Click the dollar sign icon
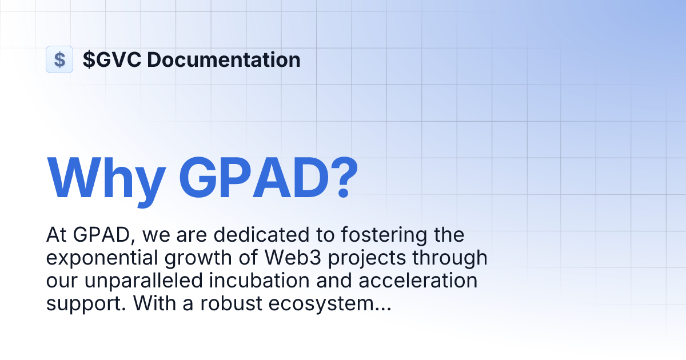click(59, 59)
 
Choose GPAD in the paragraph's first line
click(105, 235)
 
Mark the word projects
click(369, 258)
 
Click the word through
click(454, 258)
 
